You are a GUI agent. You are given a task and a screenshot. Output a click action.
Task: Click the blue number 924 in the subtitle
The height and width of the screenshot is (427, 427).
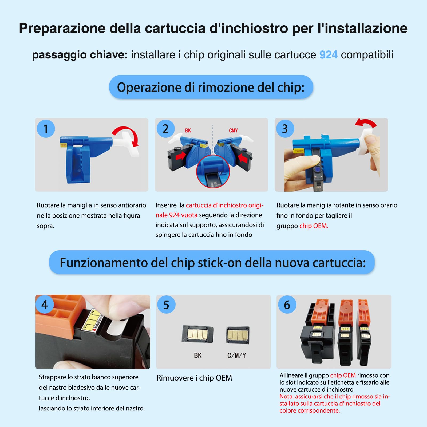coord(328,55)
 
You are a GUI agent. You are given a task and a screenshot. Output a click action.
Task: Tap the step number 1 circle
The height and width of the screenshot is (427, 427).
coord(46,129)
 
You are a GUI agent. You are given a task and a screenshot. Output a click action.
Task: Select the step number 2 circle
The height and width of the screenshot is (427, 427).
coord(165,129)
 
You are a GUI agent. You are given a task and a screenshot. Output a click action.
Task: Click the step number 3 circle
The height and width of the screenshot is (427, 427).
coord(285,129)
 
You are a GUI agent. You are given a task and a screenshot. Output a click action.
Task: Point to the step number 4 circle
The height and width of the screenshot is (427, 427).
coord(45,305)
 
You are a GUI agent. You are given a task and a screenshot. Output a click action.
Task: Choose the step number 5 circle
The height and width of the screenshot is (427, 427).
coord(166,305)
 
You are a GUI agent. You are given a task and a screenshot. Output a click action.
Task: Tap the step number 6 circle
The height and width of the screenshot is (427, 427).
coord(287,305)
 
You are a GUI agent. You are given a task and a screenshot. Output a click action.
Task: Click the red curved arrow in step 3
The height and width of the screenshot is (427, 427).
coord(366,123)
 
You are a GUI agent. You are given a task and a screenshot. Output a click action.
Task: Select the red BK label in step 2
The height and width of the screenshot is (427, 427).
coord(188,131)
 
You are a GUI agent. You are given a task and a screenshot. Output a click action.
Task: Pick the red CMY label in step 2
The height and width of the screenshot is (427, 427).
coord(233,131)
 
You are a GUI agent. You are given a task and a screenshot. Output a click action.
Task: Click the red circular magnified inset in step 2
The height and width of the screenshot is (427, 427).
coord(213,172)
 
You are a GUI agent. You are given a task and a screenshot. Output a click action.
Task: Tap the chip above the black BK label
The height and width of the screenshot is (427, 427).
coord(197,334)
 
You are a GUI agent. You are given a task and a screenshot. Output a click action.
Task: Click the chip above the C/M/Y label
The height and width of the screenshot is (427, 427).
coord(238,335)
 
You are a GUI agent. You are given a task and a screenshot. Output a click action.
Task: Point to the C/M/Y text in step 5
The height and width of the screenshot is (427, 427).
coord(237,355)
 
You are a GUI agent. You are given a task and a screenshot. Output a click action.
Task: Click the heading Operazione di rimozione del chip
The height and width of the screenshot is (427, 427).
coord(211,87)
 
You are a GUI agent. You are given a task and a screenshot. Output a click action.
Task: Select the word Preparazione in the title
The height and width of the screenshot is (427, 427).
coord(62,28)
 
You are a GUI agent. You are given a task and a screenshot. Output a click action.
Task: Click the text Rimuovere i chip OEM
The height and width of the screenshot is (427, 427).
coord(194,378)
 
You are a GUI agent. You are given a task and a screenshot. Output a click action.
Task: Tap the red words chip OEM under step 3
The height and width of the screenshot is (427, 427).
coord(314,226)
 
